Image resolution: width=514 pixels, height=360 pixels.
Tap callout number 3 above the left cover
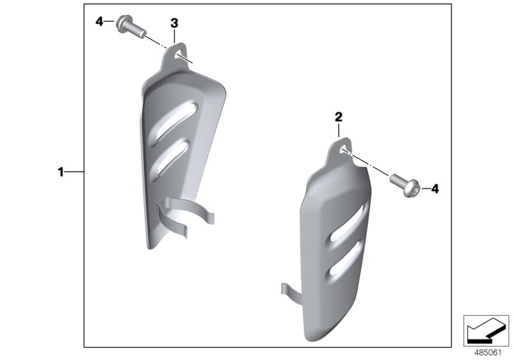174,23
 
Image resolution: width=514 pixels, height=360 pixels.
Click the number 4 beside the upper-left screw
100,22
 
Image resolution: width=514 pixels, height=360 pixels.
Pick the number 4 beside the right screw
434,188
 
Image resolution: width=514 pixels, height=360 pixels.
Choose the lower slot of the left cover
173,154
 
